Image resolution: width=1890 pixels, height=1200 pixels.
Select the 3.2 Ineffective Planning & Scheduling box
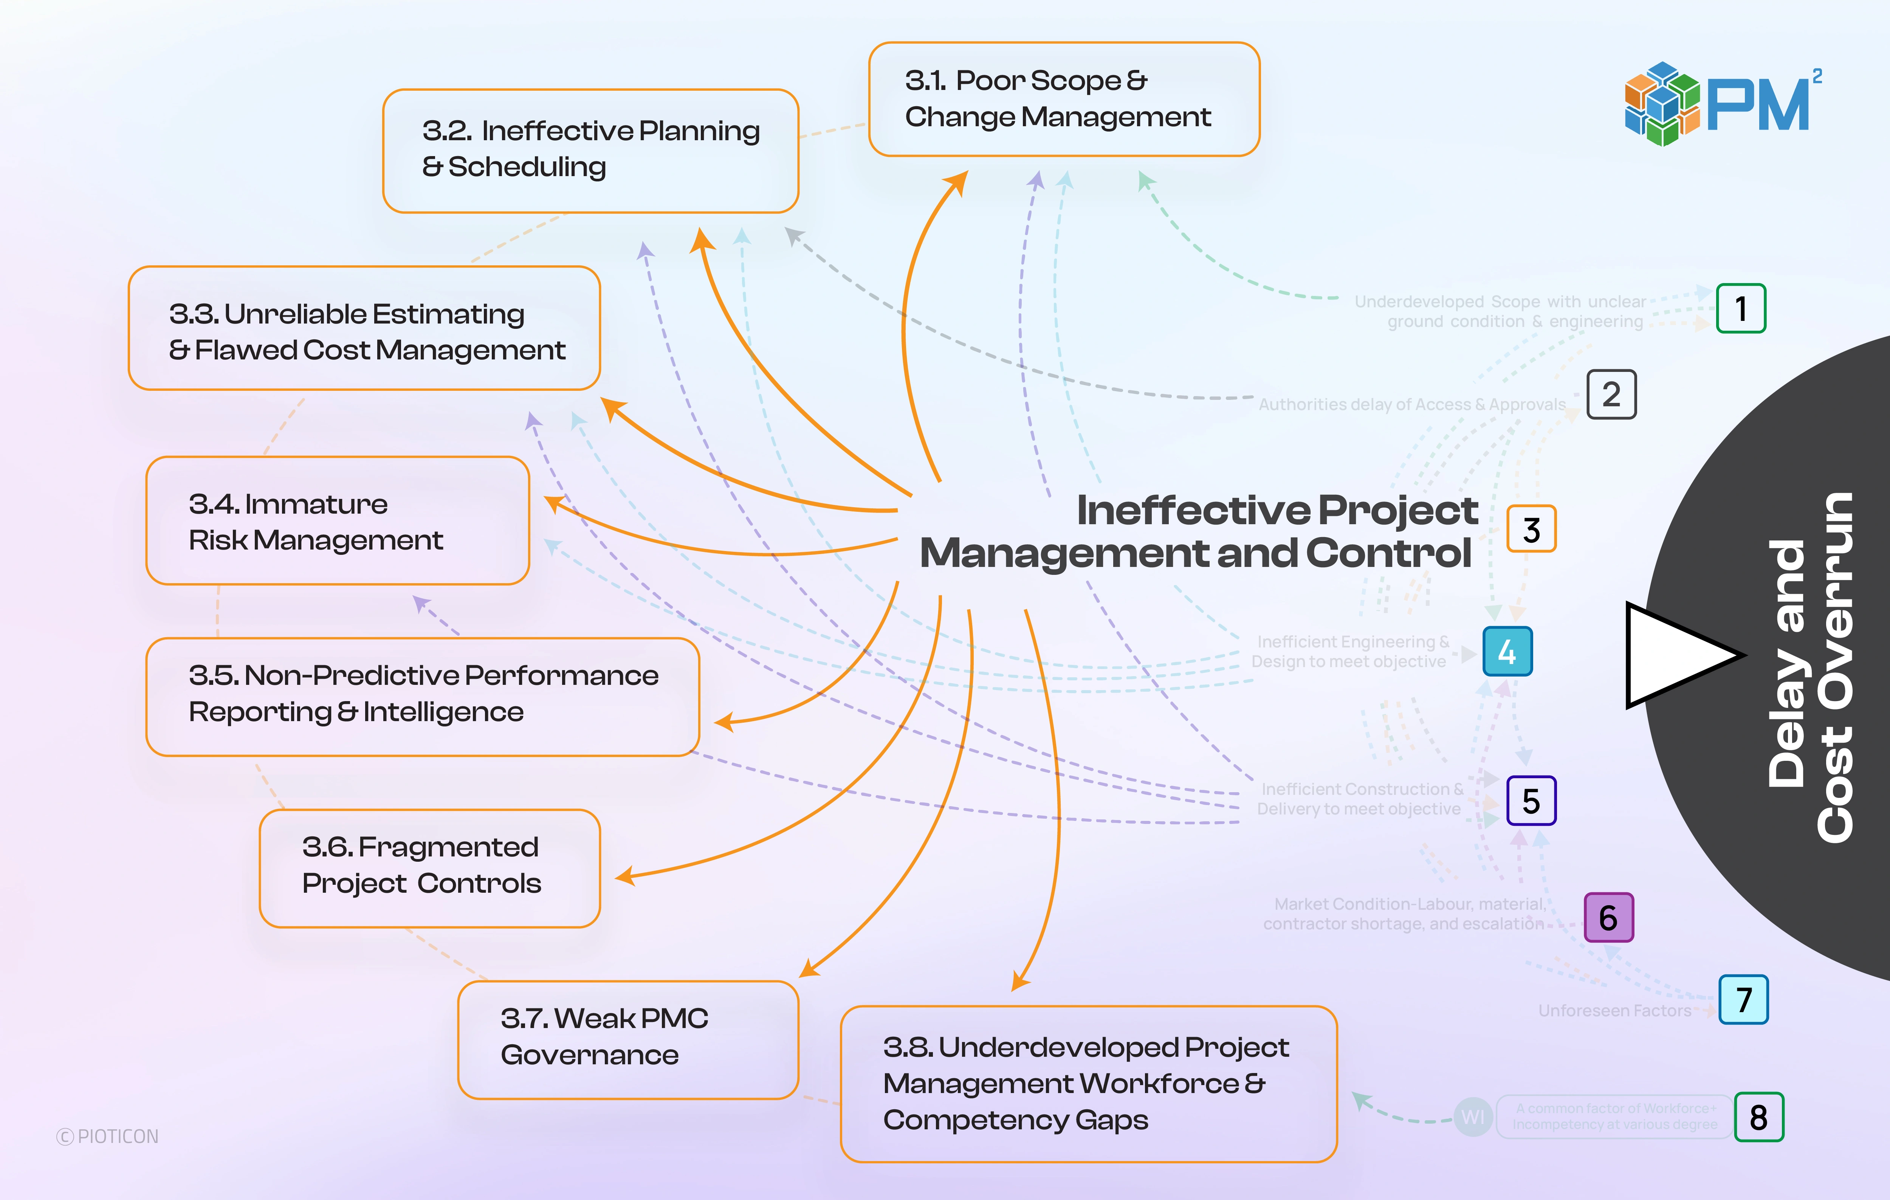pyautogui.click(x=590, y=151)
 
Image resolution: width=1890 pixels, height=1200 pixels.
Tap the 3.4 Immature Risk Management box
pyautogui.click(x=338, y=521)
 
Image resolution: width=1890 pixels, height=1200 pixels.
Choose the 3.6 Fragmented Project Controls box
pyautogui.click(x=429, y=868)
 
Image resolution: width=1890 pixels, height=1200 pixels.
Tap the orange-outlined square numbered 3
pyautogui.click(x=1531, y=529)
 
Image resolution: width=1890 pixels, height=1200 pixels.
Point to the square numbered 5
pyautogui.click(x=1531, y=801)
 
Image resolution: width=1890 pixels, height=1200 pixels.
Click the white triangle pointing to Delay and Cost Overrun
pyautogui.click(x=1676, y=655)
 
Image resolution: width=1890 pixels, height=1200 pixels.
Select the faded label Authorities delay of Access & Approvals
pyautogui.click(x=1411, y=404)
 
